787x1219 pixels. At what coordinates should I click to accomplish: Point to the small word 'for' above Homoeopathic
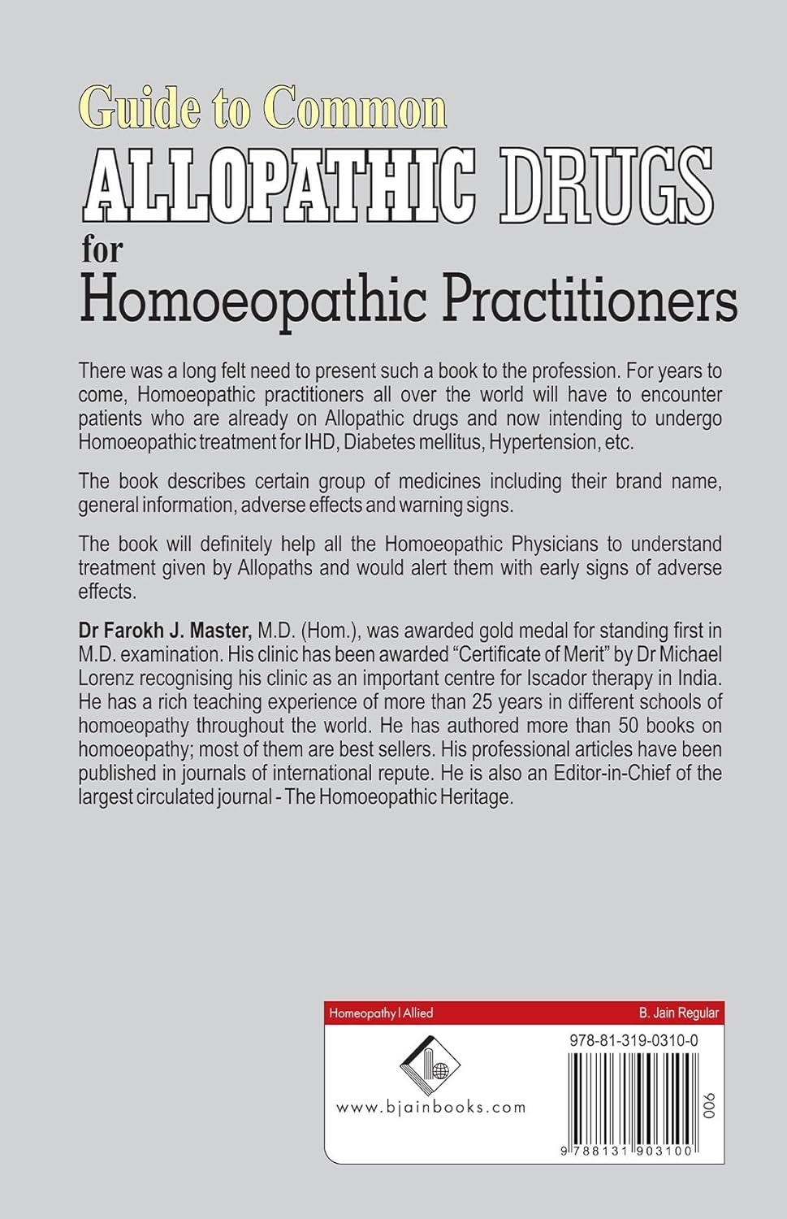coord(102,250)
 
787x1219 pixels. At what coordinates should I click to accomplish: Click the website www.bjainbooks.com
coord(430,1106)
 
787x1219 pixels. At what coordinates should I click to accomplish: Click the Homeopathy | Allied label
coord(380,1013)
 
